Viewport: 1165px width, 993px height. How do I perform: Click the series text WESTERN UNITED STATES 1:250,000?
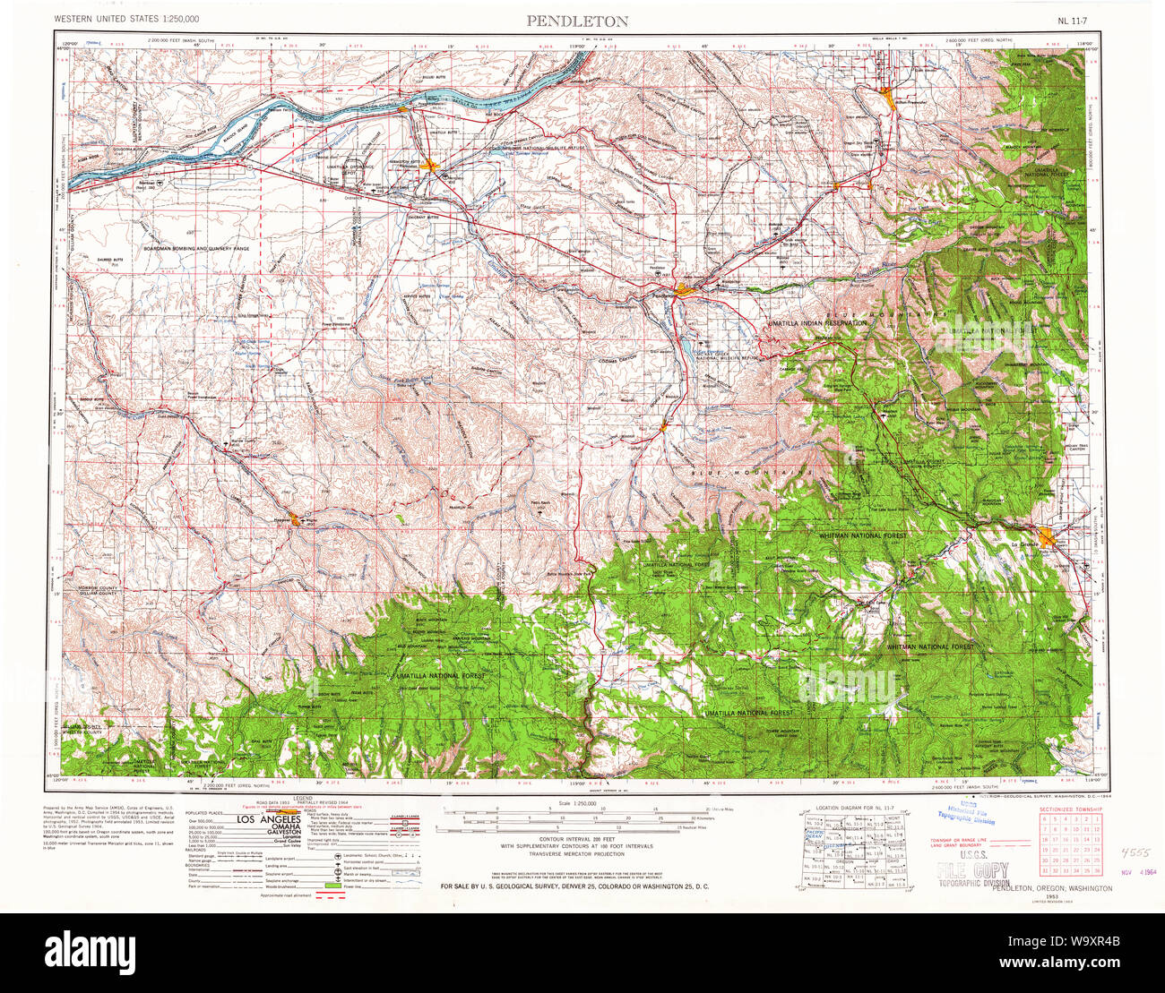(x=126, y=19)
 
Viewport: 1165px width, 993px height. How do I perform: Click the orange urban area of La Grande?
(x=1048, y=540)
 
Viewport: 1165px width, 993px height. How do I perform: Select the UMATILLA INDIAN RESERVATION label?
(x=816, y=321)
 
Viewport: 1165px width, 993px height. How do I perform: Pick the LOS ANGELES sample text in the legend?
(x=268, y=819)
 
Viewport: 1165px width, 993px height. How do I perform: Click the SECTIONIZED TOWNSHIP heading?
(x=1070, y=809)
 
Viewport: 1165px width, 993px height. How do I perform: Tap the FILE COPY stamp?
(x=972, y=869)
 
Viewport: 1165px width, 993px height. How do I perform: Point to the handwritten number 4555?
(x=1132, y=853)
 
